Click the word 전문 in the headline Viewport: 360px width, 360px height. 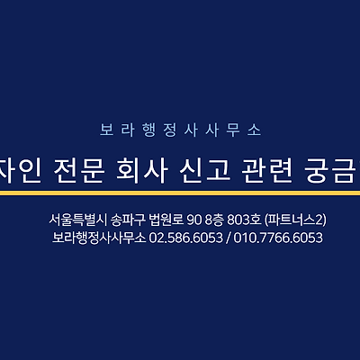click(79, 172)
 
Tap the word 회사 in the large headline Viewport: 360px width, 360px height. click(141, 172)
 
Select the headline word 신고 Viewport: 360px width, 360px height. click(204, 172)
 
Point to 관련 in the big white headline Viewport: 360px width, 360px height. click(266, 172)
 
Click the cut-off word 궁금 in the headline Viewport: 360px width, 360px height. click(332, 172)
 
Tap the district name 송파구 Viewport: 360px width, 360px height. click(128, 220)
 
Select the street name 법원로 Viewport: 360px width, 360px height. click(166, 220)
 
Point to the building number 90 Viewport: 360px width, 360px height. click(193, 220)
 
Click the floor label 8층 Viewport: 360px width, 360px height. click(214, 220)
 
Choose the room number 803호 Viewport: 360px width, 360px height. click(244, 220)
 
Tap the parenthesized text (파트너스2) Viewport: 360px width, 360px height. click(295, 220)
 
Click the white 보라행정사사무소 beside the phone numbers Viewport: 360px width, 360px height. click(99, 238)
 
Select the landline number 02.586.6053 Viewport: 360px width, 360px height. click(186, 238)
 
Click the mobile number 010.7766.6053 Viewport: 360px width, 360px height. click(278, 238)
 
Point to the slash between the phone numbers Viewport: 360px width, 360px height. click(229, 238)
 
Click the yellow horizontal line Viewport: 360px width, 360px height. click(180, 193)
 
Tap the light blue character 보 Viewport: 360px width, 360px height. click(107, 130)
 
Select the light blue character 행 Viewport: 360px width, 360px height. click(149, 130)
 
